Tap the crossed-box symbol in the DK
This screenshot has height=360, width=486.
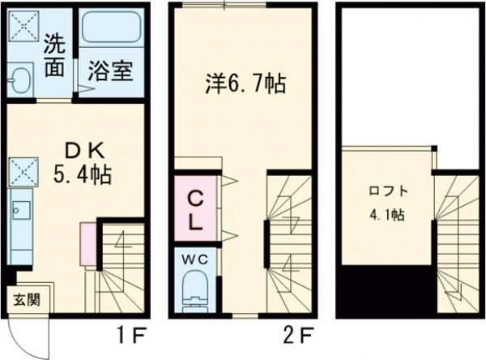point(19,171)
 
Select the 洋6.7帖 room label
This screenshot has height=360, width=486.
point(243,84)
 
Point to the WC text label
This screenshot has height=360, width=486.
point(196,259)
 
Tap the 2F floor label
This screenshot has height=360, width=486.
point(297,332)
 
